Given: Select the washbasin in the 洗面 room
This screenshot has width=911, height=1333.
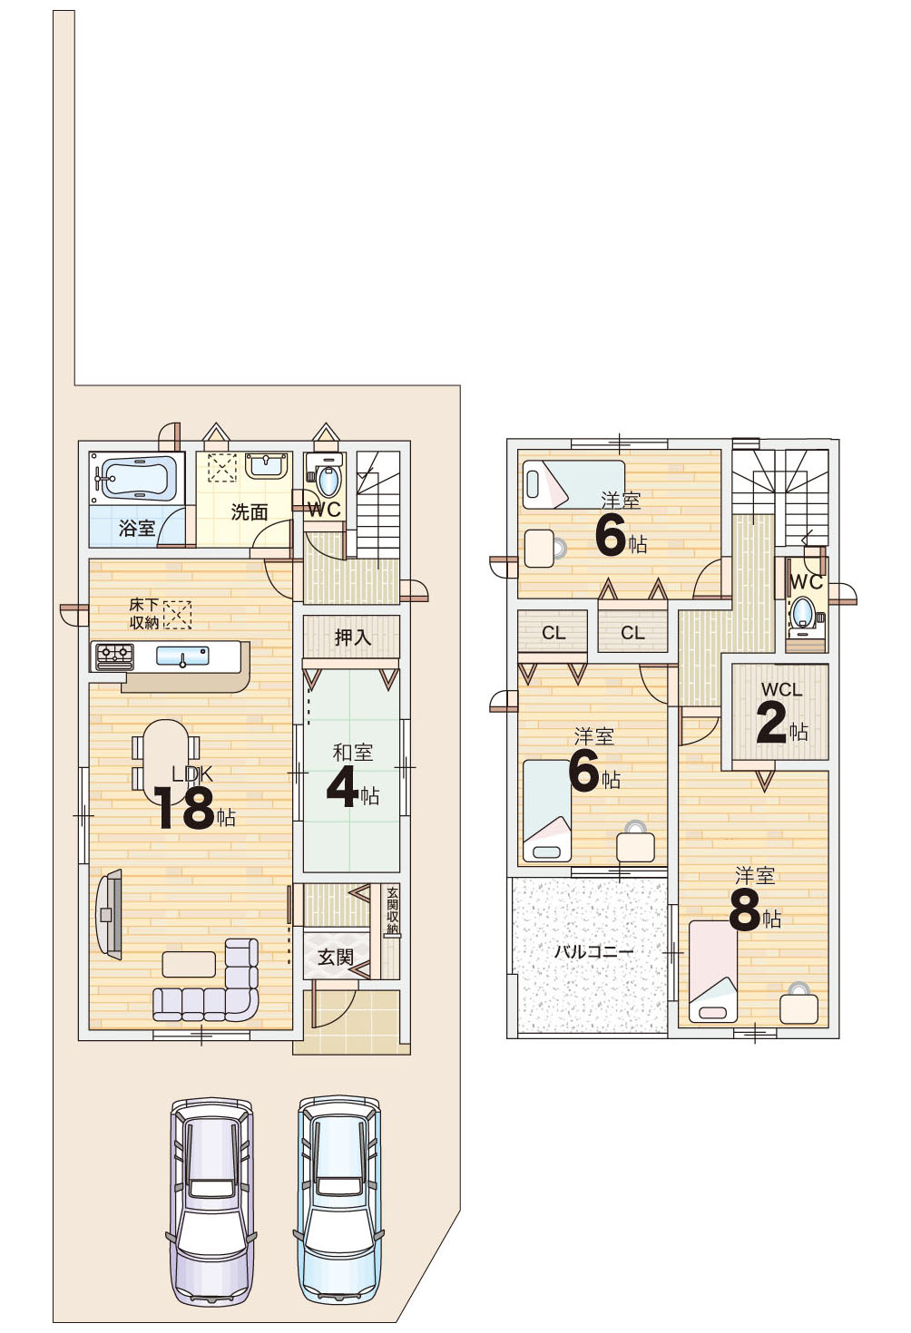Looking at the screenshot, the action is click(x=266, y=466).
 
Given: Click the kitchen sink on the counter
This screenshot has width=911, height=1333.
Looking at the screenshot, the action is click(x=182, y=657).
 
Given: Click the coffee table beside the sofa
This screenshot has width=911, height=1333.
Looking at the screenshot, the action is click(x=189, y=964).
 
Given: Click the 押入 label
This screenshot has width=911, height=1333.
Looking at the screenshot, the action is click(x=352, y=637).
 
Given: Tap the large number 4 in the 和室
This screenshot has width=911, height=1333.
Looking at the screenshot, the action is click(x=342, y=789).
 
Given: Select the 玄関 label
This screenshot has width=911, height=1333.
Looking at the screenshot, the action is click(x=336, y=957).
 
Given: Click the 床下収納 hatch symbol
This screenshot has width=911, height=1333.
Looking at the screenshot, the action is click(x=178, y=615).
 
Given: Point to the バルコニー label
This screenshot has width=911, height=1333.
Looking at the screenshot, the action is click(x=593, y=951).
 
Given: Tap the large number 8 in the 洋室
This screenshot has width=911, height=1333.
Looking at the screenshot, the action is click(x=745, y=912).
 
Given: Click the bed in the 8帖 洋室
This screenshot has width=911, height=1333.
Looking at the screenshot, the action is click(x=712, y=970).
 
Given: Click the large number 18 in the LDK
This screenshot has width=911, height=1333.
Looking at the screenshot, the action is click(x=183, y=807).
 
